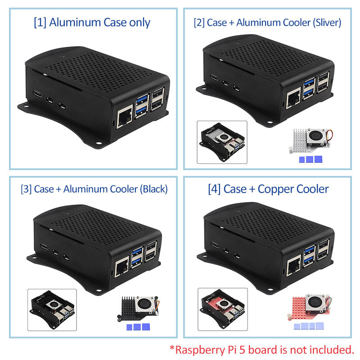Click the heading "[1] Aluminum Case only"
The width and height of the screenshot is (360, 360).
coord(92,22)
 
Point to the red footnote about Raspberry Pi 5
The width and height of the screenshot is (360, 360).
coord(261,349)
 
